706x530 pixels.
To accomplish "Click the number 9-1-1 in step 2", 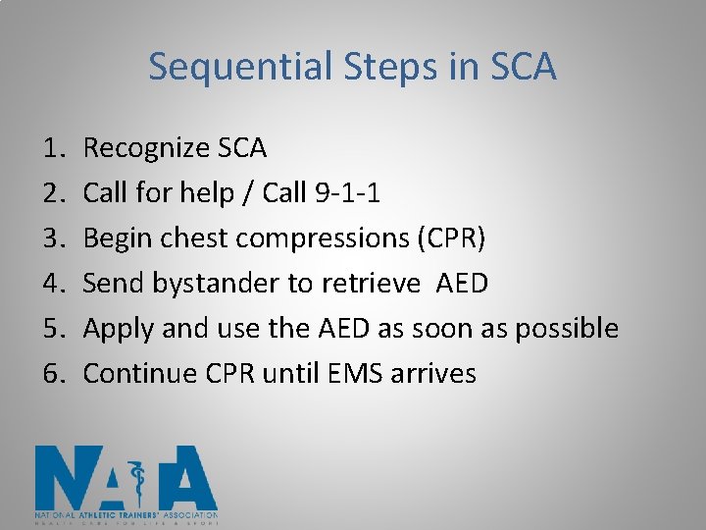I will point(349,193).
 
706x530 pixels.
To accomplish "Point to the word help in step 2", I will point(221,193).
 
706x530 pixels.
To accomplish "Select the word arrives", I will point(430,374).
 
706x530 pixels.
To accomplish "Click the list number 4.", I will point(52,284).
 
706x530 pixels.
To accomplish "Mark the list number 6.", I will point(52,374).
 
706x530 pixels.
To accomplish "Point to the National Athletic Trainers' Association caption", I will point(126,514).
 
